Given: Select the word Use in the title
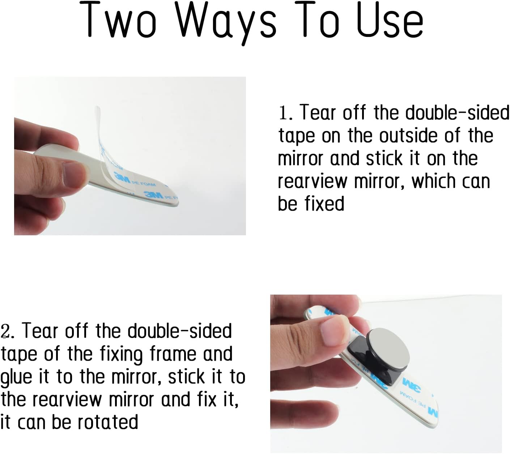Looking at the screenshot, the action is [x=390, y=20].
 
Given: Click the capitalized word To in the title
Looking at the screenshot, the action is [x=317, y=20].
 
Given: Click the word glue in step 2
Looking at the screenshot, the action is [x=16, y=377].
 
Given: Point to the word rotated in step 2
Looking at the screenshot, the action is [x=108, y=422].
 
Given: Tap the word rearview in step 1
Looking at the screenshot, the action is [x=313, y=181].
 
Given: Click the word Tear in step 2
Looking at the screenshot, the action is [x=40, y=331].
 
